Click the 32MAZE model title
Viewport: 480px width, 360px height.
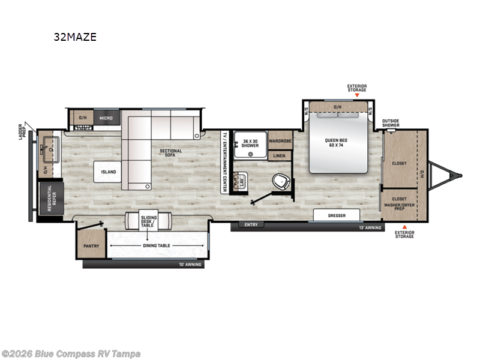coord(75,37)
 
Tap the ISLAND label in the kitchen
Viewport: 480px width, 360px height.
coord(108,172)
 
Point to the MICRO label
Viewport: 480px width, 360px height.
coord(106,118)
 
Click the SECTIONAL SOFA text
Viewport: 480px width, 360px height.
coord(171,154)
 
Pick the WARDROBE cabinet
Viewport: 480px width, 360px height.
coord(280,142)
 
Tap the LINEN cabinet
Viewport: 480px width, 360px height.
coord(280,156)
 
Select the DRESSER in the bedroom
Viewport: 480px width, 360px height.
coord(336,215)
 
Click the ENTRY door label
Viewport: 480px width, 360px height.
coord(250,225)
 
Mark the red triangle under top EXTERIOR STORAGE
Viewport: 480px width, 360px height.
coord(357,95)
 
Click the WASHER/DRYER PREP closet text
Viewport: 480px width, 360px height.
coord(399,205)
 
